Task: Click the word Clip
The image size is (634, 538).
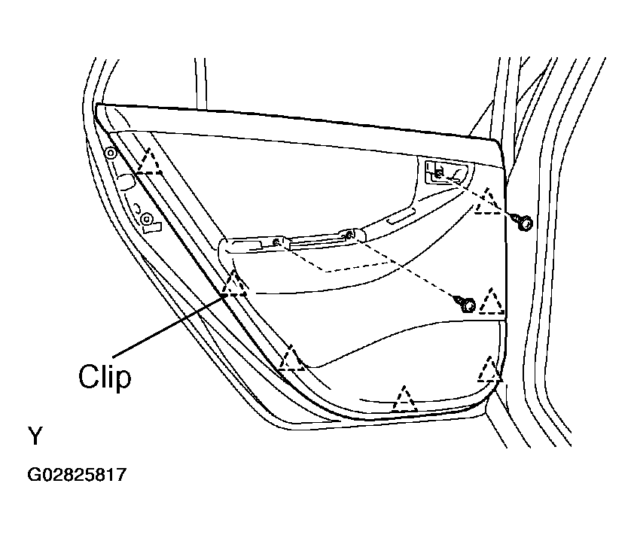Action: point(105,377)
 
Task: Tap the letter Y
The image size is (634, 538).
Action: point(35,436)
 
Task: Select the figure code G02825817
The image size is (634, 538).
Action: point(77,475)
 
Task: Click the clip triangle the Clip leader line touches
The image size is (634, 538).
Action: point(234,284)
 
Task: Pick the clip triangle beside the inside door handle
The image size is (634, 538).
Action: point(489,201)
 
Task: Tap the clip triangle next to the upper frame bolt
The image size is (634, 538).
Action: point(149,161)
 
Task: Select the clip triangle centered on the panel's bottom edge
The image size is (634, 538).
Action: point(404,399)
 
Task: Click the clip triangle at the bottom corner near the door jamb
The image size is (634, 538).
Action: point(489,369)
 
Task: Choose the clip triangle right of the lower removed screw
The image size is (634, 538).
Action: point(492,302)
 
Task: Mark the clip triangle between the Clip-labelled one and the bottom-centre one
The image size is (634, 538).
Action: point(291,357)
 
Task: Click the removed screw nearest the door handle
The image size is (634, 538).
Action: point(523,222)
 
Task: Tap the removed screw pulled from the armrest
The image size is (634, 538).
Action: point(466,305)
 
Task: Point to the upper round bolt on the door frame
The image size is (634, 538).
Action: point(111,153)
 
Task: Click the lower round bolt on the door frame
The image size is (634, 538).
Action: point(146,219)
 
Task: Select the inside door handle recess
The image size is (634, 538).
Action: point(447,172)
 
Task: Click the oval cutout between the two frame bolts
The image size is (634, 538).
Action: point(126,182)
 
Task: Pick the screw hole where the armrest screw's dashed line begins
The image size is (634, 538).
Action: point(349,234)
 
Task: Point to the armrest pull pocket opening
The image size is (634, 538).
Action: point(245,245)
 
